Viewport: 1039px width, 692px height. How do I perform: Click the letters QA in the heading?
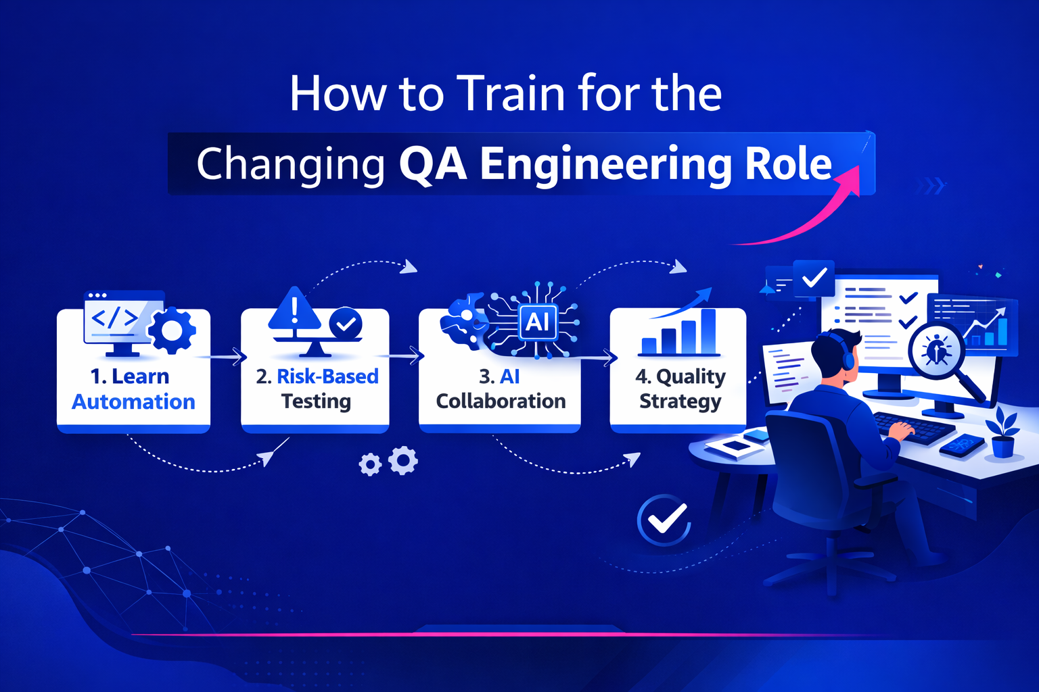point(432,164)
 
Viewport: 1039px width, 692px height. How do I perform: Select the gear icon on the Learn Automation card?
point(171,330)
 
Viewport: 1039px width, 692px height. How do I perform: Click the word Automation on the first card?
point(133,402)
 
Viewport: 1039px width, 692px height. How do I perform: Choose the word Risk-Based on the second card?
point(327,376)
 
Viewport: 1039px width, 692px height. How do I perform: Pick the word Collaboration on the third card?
point(501,401)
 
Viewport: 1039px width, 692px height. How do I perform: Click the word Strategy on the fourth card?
point(680,401)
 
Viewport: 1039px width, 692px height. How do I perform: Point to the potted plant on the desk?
point(1002,433)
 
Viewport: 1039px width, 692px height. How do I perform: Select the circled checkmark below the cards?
point(664,520)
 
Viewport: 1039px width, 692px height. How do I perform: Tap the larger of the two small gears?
point(403,460)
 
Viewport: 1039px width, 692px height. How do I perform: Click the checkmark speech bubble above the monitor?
point(814,277)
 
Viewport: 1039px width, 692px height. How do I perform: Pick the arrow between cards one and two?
point(226,356)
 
